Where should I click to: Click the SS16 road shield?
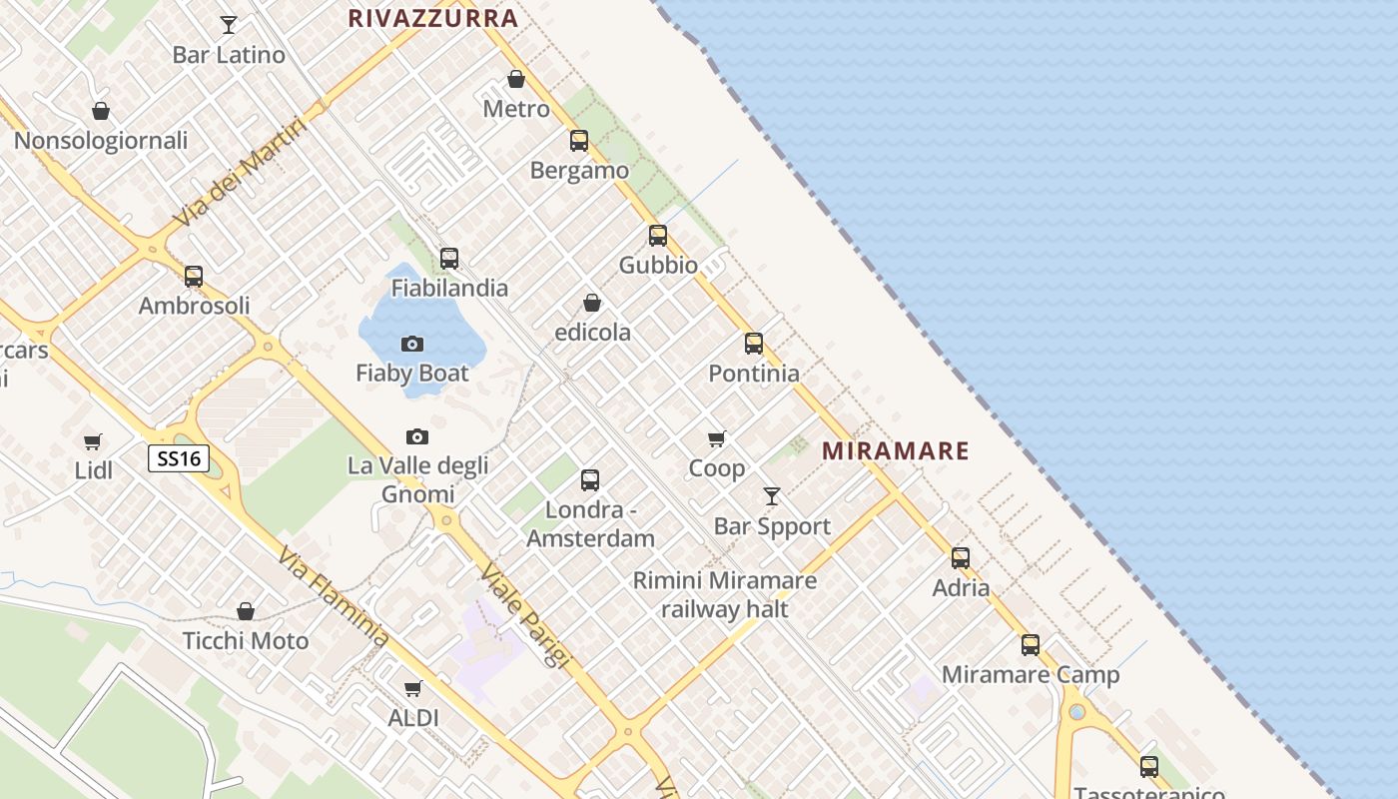pyautogui.click(x=180, y=459)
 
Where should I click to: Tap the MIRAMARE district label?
pyautogui.click(x=895, y=451)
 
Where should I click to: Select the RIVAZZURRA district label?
pyautogui.click(x=433, y=18)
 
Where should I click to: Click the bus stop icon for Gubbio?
pyautogui.click(x=658, y=236)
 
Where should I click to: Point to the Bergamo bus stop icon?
pyautogui.click(x=579, y=141)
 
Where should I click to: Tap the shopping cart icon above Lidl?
pyautogui.click(x=93, y=441)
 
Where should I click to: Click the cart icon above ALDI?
pyautogui.click(x=412, y=688)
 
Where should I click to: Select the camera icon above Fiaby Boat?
pyautogui.click(x=412, y=345)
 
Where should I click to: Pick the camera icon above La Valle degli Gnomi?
pyautogui.click(x=417, y=437)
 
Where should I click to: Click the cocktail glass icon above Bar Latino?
pyautogui.click(x=229, y=25)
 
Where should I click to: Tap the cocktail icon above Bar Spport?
pyautogui.click(x=772, y=496)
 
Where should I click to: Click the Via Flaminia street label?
pyautogui.click(x=334, y=596)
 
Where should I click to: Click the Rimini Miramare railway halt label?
pyautogui.click(x=725, y=594)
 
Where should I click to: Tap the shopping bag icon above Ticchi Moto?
pyautogui.click(x=246, y=611)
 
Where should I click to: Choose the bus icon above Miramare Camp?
pyautogui.click(x=1031, y=645)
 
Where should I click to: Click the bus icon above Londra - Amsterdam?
pyautogui.click(x=590, y=480)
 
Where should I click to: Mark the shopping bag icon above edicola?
pyautogui.click(x=592, y=303)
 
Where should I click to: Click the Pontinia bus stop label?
pyautogui.click(x=754, y=374)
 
